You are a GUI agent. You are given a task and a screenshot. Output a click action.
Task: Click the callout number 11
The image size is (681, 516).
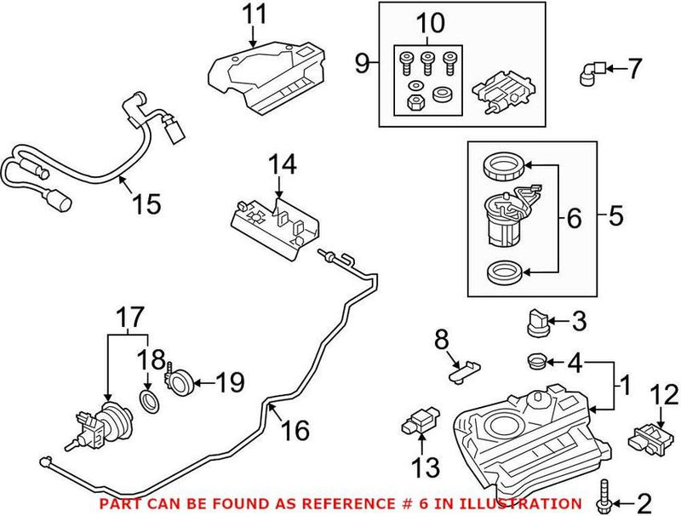(254, 14)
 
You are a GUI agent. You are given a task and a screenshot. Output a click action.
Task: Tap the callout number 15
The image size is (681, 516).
(146, 204)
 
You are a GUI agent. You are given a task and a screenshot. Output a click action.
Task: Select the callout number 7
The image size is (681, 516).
(634, 68)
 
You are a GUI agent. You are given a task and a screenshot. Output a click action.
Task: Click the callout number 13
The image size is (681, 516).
(426, 467)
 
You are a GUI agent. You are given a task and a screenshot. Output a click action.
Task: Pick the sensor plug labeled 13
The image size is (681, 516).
(420, 421)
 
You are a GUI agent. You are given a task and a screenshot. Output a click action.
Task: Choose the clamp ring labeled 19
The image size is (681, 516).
(182, 379)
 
